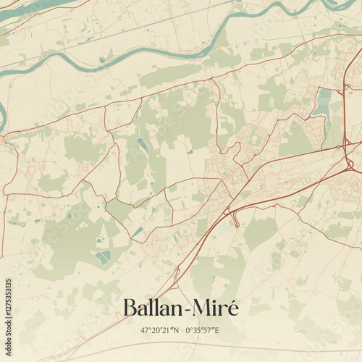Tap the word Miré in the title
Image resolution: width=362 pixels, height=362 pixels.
[215, 308]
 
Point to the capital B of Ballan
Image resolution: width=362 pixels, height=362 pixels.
[130, 308]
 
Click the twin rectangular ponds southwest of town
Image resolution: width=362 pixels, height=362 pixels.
[104, 256]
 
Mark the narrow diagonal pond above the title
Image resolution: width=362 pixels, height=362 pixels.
[137, 232]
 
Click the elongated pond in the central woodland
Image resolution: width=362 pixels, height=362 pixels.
[142, 144]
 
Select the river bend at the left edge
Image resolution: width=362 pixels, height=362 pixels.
[3, 116]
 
